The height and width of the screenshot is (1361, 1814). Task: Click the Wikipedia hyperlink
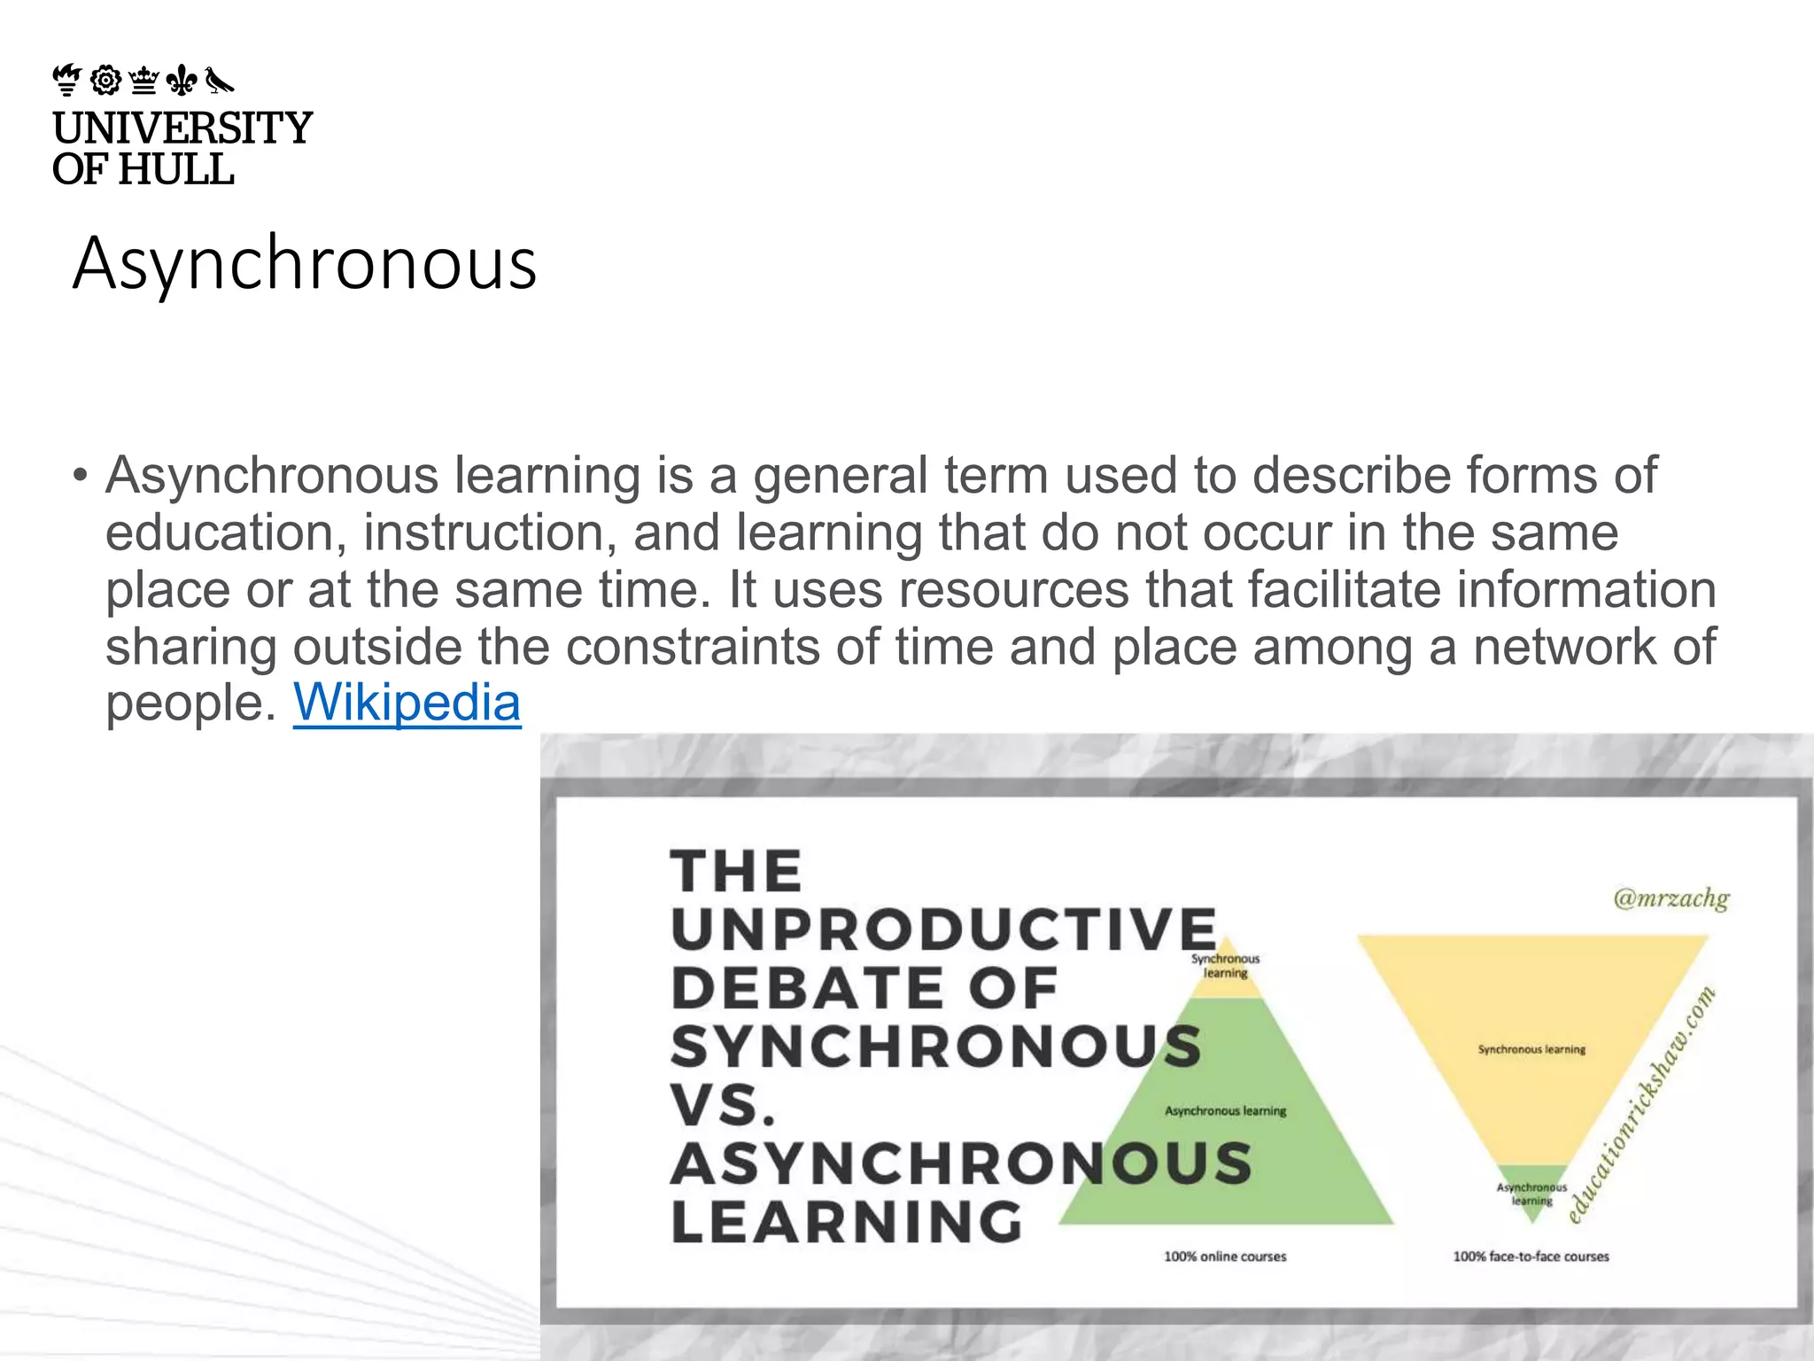click(407, 703)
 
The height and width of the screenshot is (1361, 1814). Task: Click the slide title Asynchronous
click(305, 263)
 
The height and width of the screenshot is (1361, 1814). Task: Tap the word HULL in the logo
click(175, 168)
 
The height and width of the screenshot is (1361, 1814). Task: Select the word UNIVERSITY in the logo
click(182, 128)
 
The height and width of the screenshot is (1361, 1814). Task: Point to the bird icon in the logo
click(219, 81)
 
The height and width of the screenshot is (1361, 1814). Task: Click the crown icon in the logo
click(143, 81)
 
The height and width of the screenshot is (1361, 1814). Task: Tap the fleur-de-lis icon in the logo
click(182, 81)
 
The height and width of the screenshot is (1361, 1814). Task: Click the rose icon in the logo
click(105, 81)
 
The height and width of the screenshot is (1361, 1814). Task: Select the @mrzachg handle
click(1671, 898)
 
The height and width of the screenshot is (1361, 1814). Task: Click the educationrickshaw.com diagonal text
click(1641, 1105)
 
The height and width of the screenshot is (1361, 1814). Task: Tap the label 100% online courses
click(1224, 1256)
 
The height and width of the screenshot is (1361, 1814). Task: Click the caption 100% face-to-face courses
click(1531, 1256)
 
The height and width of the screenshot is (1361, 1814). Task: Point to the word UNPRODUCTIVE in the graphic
click(943, 929)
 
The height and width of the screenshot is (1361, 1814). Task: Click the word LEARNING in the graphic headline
click(847, 1223)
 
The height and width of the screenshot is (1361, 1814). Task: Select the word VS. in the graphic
click(723, 1105)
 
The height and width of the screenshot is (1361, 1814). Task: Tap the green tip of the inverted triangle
click(1531, 1192)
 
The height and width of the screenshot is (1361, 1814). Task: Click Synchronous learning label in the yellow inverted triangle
click(1531, 1049)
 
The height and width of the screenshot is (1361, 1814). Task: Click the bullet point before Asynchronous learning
click(81, 476)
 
